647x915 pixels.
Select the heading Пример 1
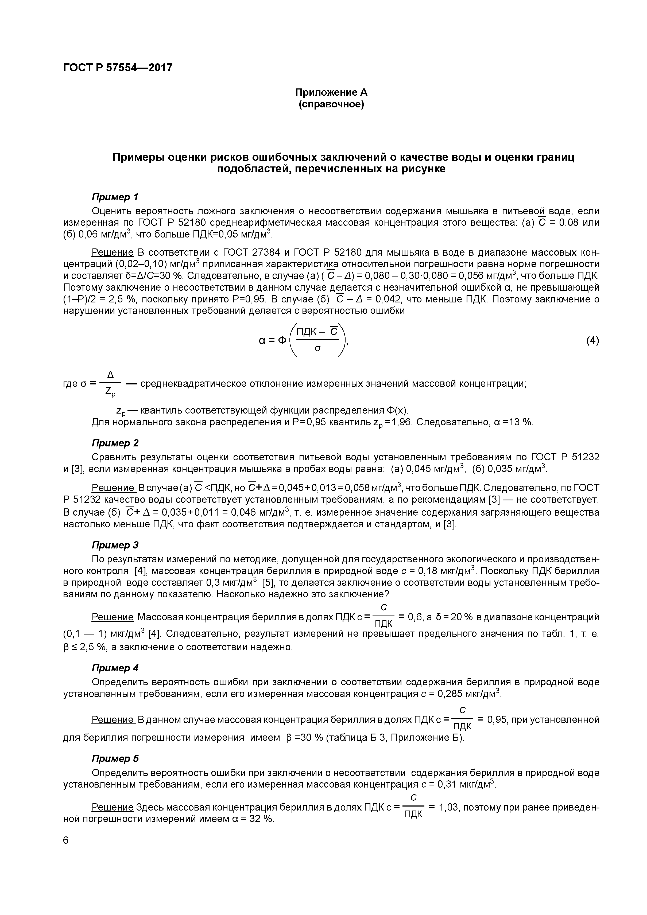[115, 197]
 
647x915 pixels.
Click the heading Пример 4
[115, 668]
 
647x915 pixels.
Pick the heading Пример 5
[115, 758]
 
